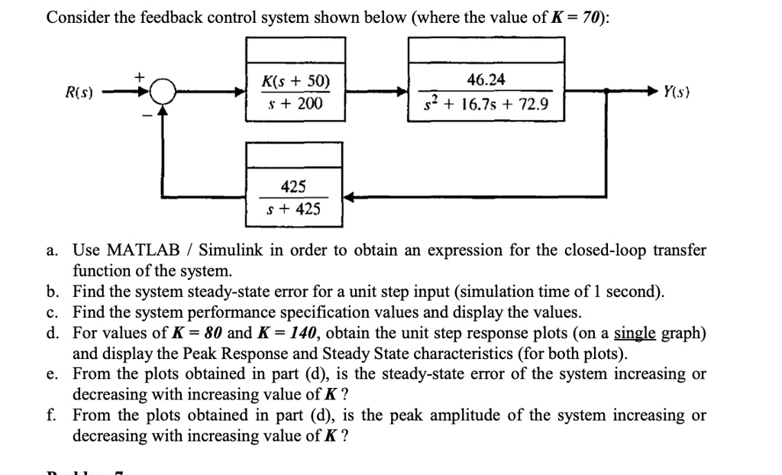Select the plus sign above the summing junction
pyautogui.click(x=140, y=77)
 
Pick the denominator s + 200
pyautogui.click(x=296, y=102)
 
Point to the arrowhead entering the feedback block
pyautogui.click(x=348, y=197)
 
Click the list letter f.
pyautogui.click(x=50, y=415)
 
